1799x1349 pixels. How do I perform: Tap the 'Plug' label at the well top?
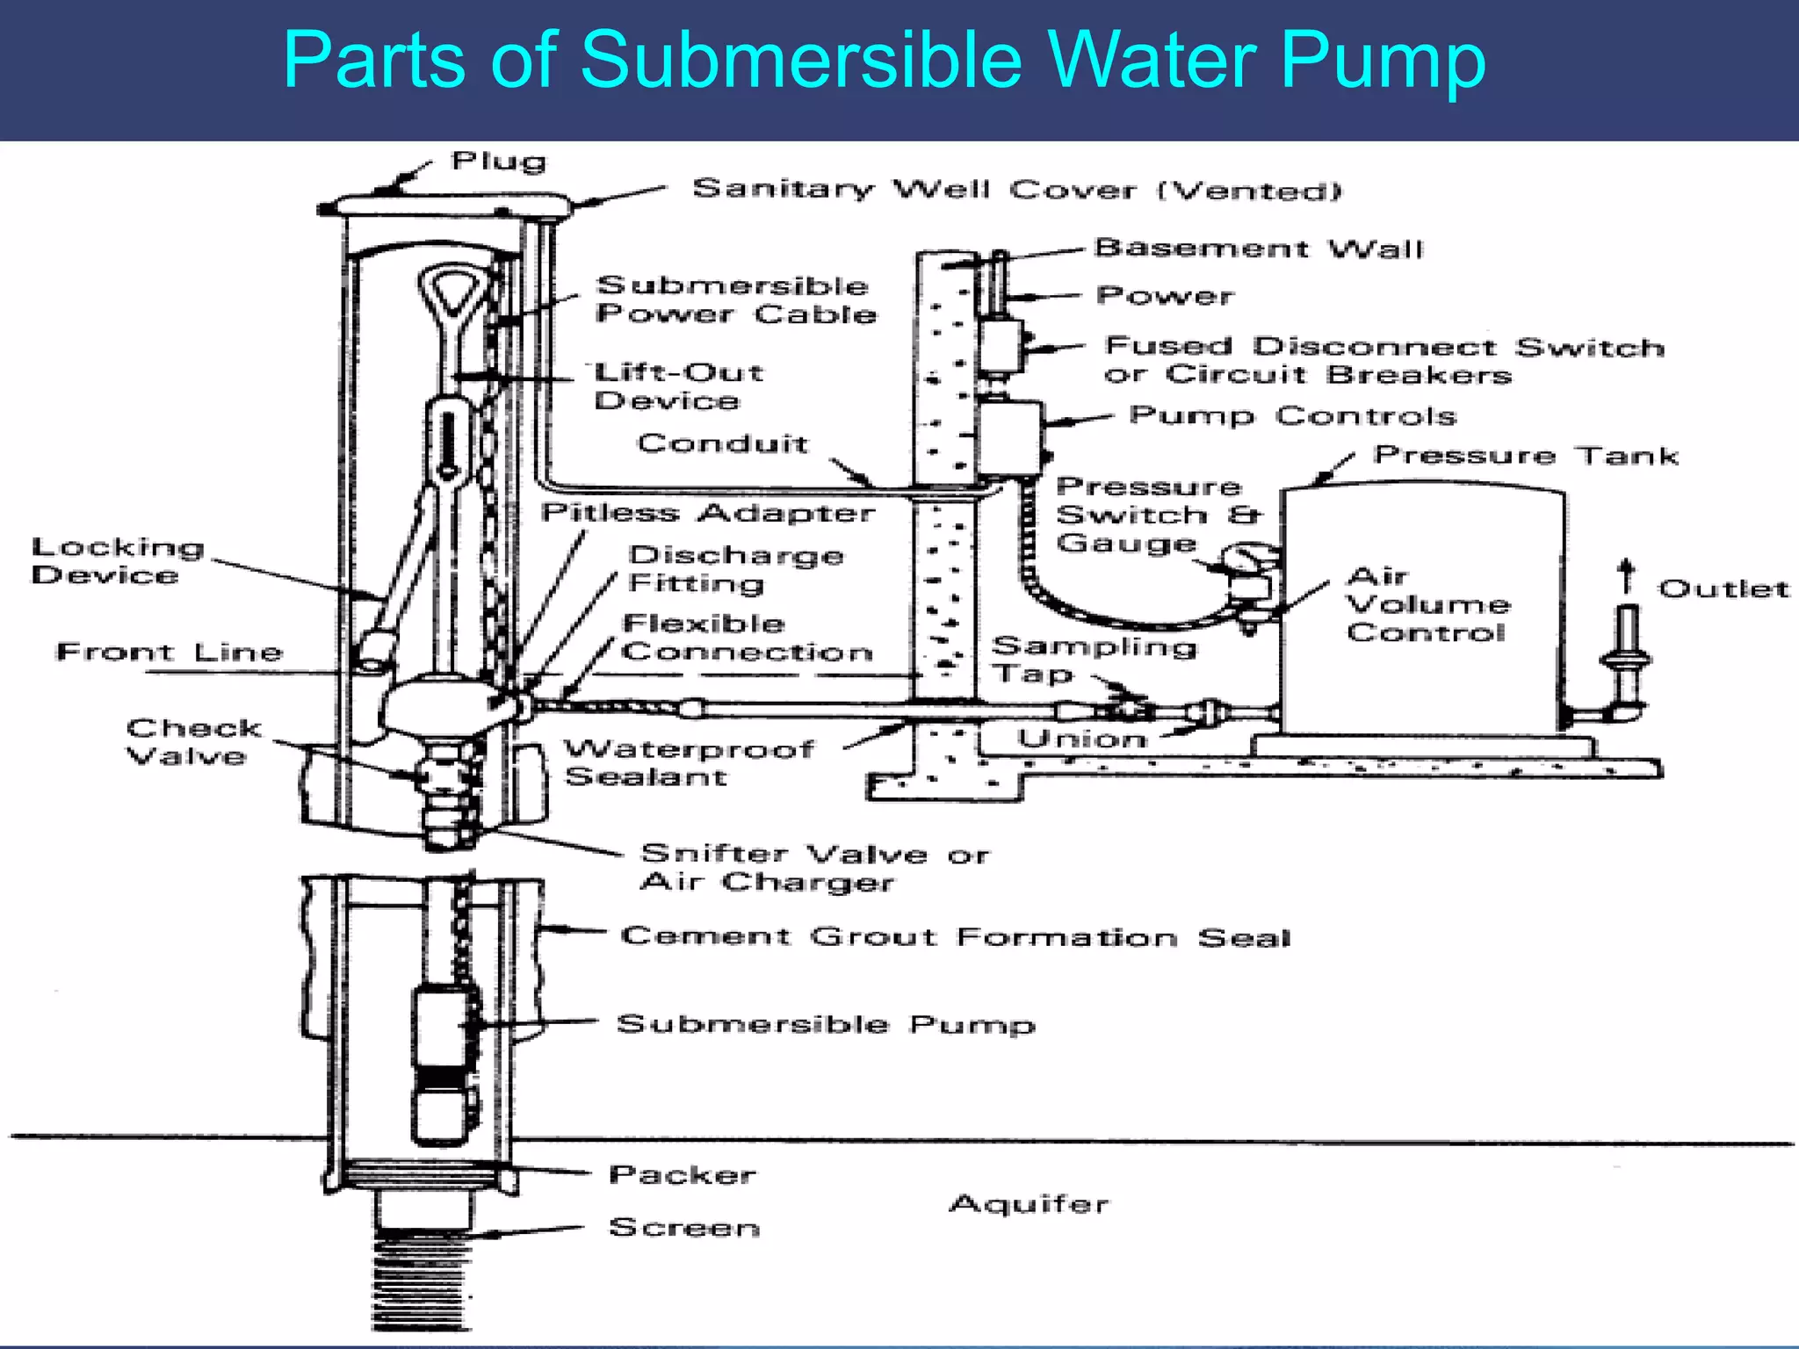pyautogui.click(x=498, y=161)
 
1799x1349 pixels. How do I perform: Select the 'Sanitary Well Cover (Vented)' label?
pyautogui.click(x=1016, y=189)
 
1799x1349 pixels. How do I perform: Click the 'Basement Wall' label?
pyautogui.click(x=1258, y=249)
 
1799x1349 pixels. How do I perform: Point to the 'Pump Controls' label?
pyautogui.click(x=1292, y=415)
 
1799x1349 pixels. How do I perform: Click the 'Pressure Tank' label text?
pyautogui.click(x=1526, y=455)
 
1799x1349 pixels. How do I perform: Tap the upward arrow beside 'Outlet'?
pyautogui.click(x=1626, y=576)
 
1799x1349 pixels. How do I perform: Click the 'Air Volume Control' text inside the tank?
pyautogui.click(x=1427, y=604)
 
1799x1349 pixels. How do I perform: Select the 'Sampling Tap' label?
pyautogui.click(x=1093, y=660)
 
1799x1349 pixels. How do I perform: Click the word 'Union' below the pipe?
pyautogui.click(x=1082, y=739)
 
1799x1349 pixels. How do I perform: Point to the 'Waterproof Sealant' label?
pyautogui.click(x=688, y=762)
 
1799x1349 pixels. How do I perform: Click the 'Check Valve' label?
pyautogui.click(x=193, y=741)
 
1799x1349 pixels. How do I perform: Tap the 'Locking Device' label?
pyautogui.click(x=118, y=560)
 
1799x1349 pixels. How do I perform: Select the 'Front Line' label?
pyautogui.click(x=170, y=652)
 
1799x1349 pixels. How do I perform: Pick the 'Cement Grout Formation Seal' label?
pyautogui.click(x=955, y=936)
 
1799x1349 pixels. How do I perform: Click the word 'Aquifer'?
pyautogui.click(x=1029, y=1203)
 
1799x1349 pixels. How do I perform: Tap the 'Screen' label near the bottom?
pyautogui.click(x=684, y=1227)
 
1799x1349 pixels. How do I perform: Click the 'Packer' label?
pyautogui.click(x=682, y=1174)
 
